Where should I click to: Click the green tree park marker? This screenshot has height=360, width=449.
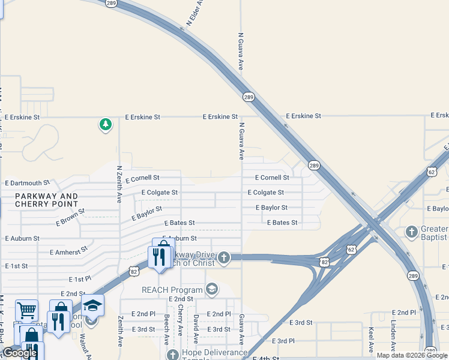pos(106,125)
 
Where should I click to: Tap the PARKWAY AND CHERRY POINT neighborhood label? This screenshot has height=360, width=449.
pos(47,200)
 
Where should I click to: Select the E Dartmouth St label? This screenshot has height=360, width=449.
pos(27,183)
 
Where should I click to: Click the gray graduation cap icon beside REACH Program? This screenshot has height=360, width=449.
pos(211,290)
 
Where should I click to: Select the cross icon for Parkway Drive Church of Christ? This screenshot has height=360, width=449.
pos(223,258)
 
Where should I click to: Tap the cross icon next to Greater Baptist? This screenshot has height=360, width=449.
pos(412,232)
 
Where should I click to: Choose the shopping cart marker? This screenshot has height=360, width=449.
pos(26,310)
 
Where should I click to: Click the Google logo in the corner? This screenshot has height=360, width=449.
pos(20,353)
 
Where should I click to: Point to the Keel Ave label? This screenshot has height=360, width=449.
pos(372,340)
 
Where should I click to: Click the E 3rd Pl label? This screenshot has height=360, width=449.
pos(283,341)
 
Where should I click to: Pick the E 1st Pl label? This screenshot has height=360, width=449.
pos(79,280)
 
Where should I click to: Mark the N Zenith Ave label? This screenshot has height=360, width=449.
pos(119,184)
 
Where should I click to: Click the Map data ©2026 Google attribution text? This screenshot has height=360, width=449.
pos(412,355)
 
